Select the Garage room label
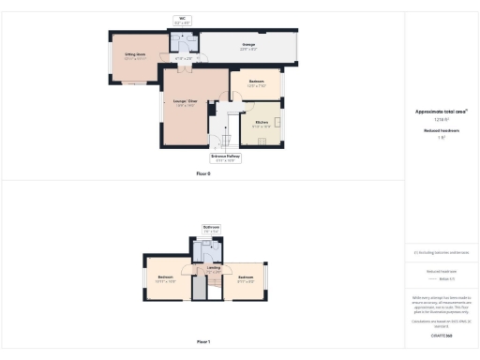[249, 45]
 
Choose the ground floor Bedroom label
[256, 82]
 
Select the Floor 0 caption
[202, 173]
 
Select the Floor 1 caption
[203, 341]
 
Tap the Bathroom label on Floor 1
[211, 229]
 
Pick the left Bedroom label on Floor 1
[166, 278]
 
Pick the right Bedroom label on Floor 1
[247, 278]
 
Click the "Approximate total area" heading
[441, 112]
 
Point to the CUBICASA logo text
[441, 335]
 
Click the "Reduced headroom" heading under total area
[441, 130]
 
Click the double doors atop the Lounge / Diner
[172, 67]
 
